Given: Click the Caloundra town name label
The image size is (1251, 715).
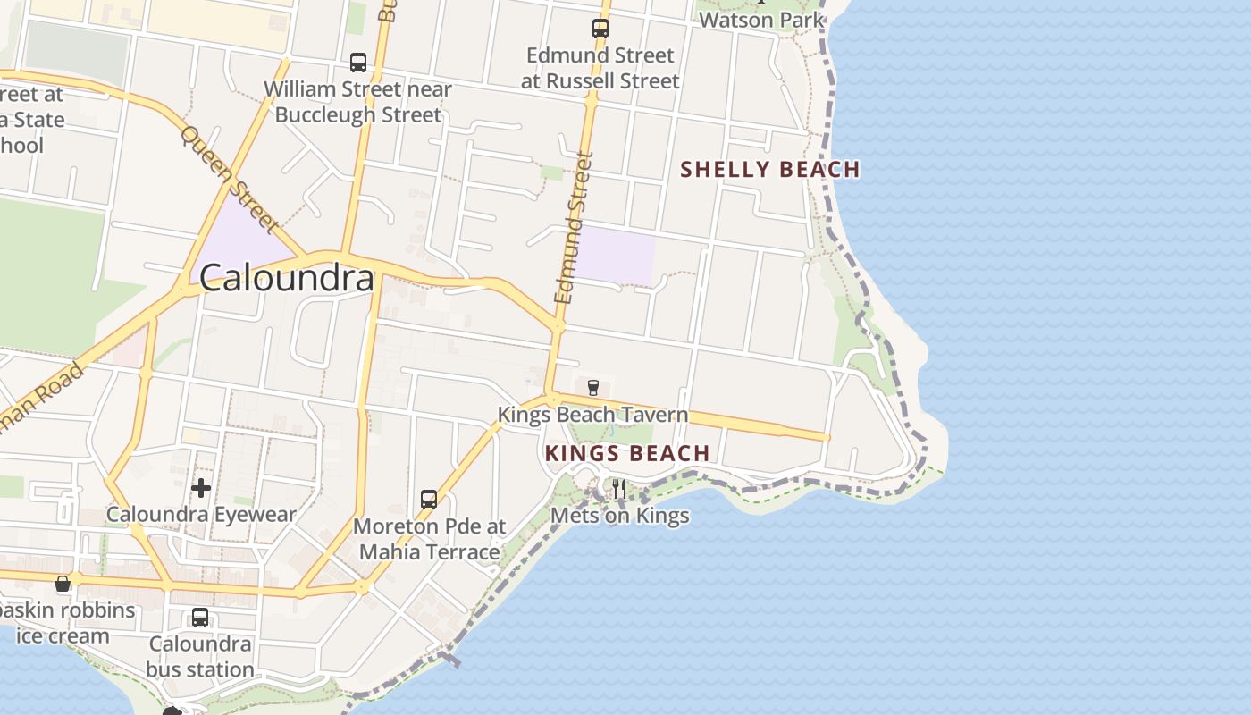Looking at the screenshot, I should pyautogui.click(x=286, y=278).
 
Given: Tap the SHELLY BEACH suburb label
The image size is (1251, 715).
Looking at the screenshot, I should pyautogui.click(x=770, y=169).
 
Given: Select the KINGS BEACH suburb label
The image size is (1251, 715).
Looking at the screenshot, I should pyautogui.click(x=627, y=453).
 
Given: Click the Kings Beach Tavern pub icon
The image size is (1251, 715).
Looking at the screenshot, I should pyautogui.click(x=592, y=387).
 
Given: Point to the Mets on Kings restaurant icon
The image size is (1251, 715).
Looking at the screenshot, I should pyautogui.click(x=618, y=488).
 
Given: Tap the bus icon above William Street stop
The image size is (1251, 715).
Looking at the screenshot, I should pyautogui.click(x=358, y=63).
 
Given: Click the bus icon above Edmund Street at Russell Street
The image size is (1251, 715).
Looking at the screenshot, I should pyautogui.click(x=600, y=29).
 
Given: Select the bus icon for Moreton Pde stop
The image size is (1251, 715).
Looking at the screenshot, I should pyautogui.click(x=429, y=499).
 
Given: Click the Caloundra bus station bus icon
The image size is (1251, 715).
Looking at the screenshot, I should pyautogui.click(x=200, y=617).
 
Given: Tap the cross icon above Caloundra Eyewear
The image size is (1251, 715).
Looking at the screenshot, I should pyautogui.click(x=201, y=487).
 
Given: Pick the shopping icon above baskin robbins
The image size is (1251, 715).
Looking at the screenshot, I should pyautogui.click(x=63, y=584).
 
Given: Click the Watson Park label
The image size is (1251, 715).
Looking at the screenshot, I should pyautogui.click(x=761, y=19).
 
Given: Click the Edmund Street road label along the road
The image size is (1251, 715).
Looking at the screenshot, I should pyautogui.click(x=574, y=228).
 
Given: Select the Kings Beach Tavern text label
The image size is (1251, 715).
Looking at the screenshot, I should pyautogui.click(x=592, y=415).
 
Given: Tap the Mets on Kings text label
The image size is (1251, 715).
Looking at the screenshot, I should pyautogui.click(x=619, y=515).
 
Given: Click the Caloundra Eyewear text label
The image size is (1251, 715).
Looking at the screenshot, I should pyautogui.click(x=201, y=515).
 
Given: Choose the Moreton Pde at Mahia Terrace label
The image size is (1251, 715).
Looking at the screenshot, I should pyautogui.click(x=429, y=539).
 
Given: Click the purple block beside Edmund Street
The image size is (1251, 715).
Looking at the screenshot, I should pyautogui.click(x=614, y=254).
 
